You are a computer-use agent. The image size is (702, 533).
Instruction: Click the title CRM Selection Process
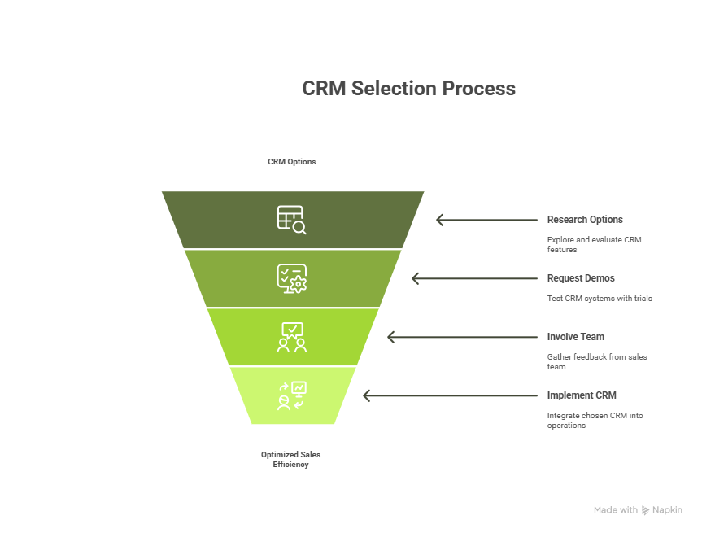tap(408, 88)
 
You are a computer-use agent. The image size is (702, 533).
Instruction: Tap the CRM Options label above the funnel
tap(292, 162)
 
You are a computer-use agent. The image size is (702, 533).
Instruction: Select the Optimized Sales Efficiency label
tap(291, 460)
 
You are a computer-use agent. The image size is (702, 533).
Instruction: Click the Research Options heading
tap(585, 220)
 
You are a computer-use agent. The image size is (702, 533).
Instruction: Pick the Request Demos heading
tap(581, 278)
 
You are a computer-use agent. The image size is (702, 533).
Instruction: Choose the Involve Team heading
tap(576, 337)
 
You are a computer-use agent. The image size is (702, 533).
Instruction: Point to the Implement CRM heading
tap(582, 395)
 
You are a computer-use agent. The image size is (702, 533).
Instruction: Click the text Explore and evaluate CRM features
tap(594, 245)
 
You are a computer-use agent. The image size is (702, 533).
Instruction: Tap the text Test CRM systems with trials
tap(600, 299)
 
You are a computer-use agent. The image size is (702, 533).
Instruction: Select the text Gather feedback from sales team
tap(597, 362)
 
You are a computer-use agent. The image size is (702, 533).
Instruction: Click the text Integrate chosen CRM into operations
tap(595, 421)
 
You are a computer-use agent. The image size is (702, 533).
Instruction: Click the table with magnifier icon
tap(292, 220)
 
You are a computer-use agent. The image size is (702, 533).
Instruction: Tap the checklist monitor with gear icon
tap(292, 278)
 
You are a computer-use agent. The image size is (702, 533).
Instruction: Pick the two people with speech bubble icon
tap(292, 337)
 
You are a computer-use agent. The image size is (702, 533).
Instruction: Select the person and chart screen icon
tap(292, 396)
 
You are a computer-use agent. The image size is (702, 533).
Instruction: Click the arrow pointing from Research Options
tap(486, 220)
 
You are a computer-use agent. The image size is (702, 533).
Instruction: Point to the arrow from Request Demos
tap(474, 278)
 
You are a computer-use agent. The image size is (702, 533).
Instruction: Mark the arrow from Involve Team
tap(463, 337)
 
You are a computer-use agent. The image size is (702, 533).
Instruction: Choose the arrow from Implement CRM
tap(451, 396)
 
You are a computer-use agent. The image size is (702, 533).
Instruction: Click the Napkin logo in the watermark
tap(645, 510)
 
